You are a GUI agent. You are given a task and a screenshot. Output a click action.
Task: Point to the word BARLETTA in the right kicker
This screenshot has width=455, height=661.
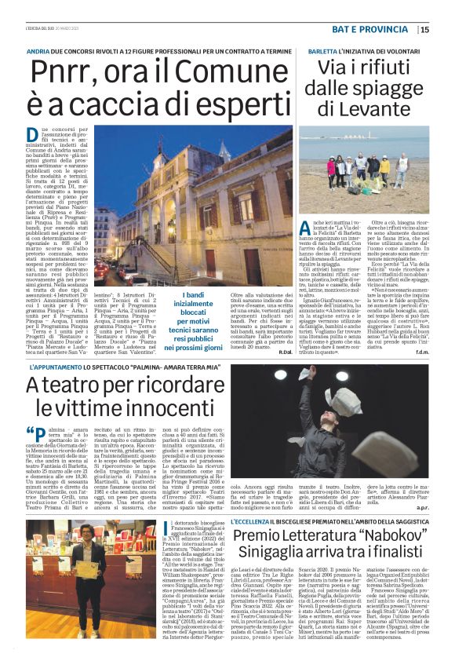[x=304, y=49]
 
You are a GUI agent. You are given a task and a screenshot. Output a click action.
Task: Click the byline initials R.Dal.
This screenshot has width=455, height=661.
[x=263, y=353]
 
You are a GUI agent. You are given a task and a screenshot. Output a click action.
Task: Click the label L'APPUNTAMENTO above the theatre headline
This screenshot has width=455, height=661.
[x=56, y=367]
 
